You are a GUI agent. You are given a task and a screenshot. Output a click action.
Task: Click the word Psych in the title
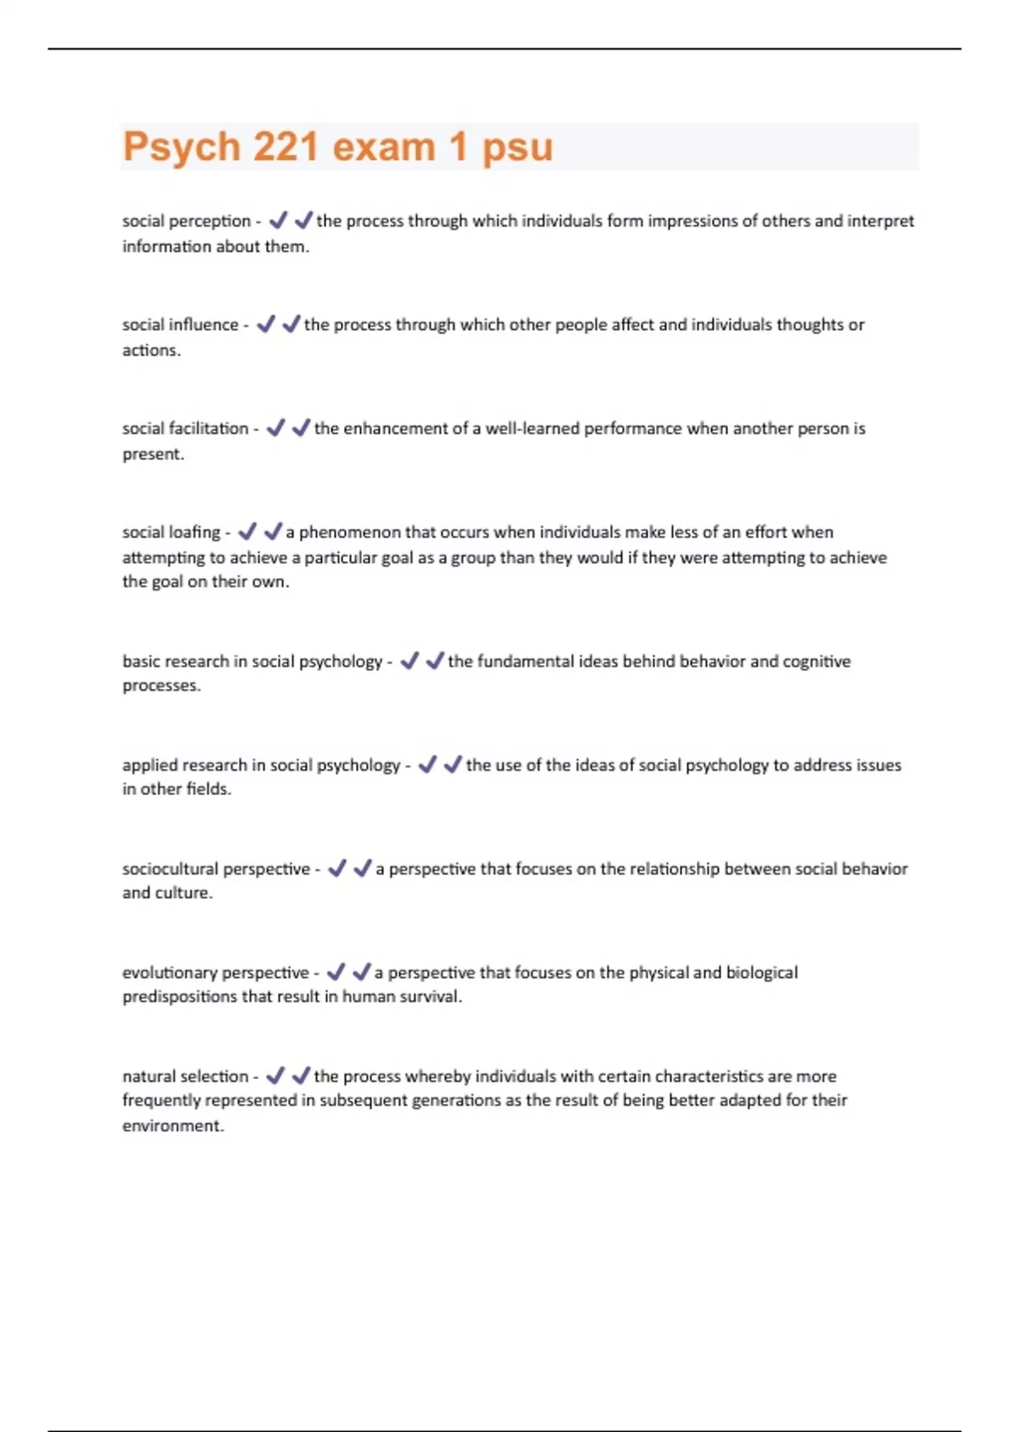click(x=181, y=147)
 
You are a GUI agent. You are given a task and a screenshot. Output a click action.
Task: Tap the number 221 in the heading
click(x=286, y=147)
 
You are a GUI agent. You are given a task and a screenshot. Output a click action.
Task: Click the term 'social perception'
click(x=186, y=222)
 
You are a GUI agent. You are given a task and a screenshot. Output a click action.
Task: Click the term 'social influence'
click(x=180, y=325)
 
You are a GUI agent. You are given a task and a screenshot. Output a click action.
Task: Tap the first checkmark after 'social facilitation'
click(x=275, y=428)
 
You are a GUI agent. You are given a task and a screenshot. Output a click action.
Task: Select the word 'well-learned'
click(x=531, y=429)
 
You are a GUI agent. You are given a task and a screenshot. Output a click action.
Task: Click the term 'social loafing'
click(x=171, y=532)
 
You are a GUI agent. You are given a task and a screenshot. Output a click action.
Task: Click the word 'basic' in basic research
click(x=140, y=661)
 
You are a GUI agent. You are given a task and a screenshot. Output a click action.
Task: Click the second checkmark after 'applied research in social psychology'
click(x=453, y=764)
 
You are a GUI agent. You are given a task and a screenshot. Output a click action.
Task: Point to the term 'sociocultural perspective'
click(x=216, y=868)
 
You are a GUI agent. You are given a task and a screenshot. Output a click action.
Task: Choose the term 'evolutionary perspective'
click(x=215, y=972)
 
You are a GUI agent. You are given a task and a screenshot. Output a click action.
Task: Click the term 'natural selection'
click(x=185, y=1077)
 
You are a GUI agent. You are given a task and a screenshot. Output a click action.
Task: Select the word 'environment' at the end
click(x=172, y=1126)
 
